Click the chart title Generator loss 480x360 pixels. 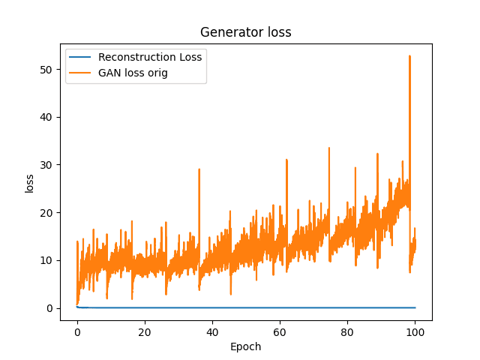click(245, 32)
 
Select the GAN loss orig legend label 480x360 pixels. click(134, 73)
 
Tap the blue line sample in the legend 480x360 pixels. click(82, 57)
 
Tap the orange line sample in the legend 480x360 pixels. click(82, 73)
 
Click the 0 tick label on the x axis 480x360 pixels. click(77, 332)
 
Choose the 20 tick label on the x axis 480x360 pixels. click(145, 332)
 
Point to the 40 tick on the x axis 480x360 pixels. click(212, 332)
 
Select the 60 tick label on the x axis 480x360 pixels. click(280, 332)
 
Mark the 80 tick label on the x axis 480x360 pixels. click(347, 332)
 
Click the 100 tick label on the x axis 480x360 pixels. click(415, 332)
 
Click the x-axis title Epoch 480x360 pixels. click(245, 346)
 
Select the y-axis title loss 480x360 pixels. click(30, 183)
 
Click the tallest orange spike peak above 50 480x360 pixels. click(409, 56)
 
